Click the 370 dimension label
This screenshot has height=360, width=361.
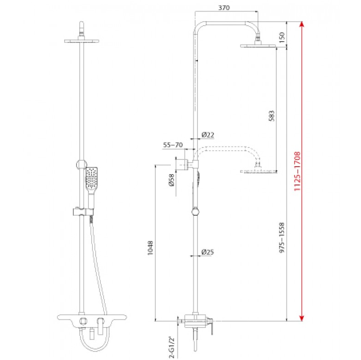(224, 8)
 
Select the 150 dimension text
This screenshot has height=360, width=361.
(282, 37)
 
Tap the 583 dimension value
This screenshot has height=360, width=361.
(272, 116)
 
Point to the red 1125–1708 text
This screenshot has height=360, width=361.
(297, 171)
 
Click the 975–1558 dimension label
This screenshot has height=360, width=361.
(282, 238)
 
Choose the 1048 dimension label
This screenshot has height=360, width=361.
(150, 248)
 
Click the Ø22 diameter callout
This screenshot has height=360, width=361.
(208, 135)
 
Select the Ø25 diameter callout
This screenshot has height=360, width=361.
(208, 252)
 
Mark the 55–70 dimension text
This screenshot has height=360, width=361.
(173, 145)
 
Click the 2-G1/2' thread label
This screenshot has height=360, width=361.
(172, 348)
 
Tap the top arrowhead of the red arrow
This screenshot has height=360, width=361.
(302, 24)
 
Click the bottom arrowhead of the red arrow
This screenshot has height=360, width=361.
(302, 318)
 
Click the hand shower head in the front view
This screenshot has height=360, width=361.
(92, 178)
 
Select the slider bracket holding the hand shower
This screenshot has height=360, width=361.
(83, 212)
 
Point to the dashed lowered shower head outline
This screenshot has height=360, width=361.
(258, 171)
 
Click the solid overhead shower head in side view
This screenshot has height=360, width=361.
(258, 46)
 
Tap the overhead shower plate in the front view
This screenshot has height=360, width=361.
(82, 41)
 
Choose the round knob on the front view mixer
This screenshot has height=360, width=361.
(83, 321)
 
